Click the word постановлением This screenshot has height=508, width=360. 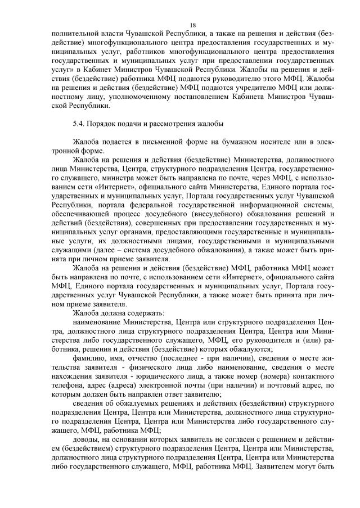172,97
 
